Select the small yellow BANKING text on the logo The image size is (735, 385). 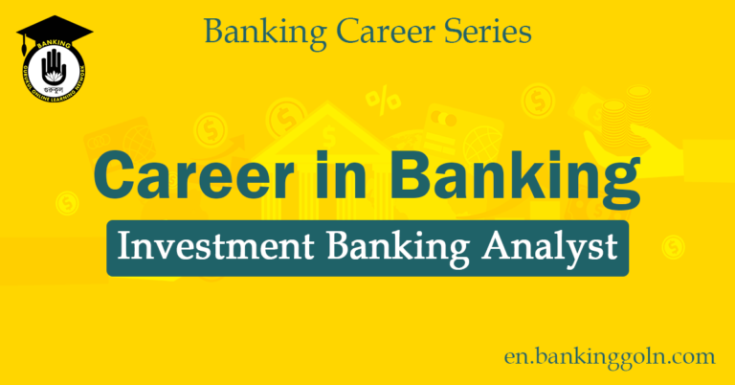click(55, 44)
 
